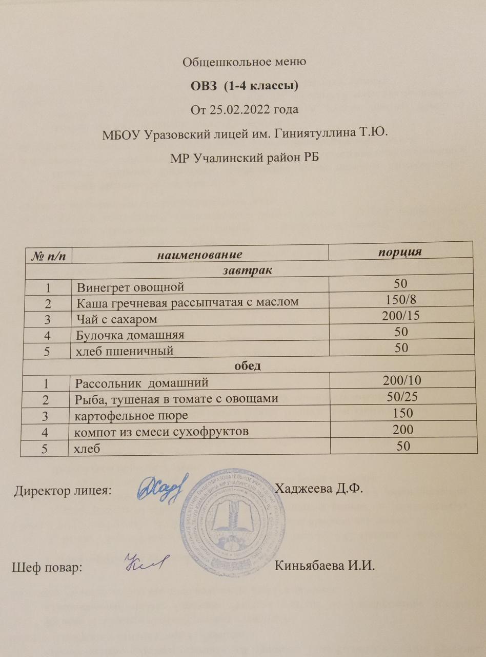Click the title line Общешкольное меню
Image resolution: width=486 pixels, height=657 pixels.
(x=244, y=63)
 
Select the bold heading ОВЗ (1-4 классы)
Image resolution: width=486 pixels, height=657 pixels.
(x=245, y=86)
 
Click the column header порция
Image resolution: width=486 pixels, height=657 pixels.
(x=399, y=251)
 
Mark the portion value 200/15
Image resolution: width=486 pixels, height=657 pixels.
(x=401, y=316)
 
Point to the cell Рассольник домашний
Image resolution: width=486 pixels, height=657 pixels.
(x=142, y=382)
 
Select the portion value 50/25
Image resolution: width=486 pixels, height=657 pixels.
(x=401, y=396)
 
